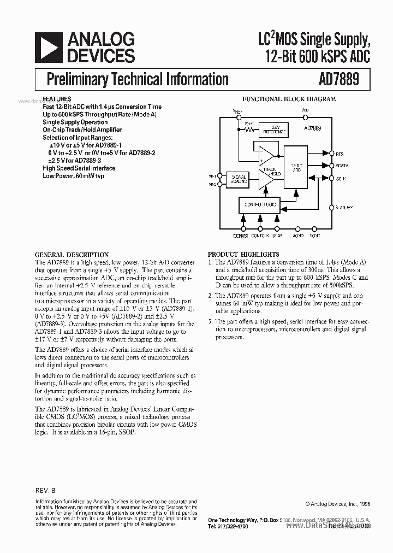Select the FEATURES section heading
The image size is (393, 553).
(x=57, y=99)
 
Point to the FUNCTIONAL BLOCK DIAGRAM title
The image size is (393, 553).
(x=289, y=99)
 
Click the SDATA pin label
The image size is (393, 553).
(x=342, y=166)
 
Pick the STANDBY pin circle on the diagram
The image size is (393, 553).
(x=331, y=207)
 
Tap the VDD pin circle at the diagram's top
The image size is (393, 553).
(x=304, y=116)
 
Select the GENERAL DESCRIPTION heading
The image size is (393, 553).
(x=72, y=255)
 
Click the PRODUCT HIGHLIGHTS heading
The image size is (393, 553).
(x=243, y=255)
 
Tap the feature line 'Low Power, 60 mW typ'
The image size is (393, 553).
(x=73, y=177)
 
